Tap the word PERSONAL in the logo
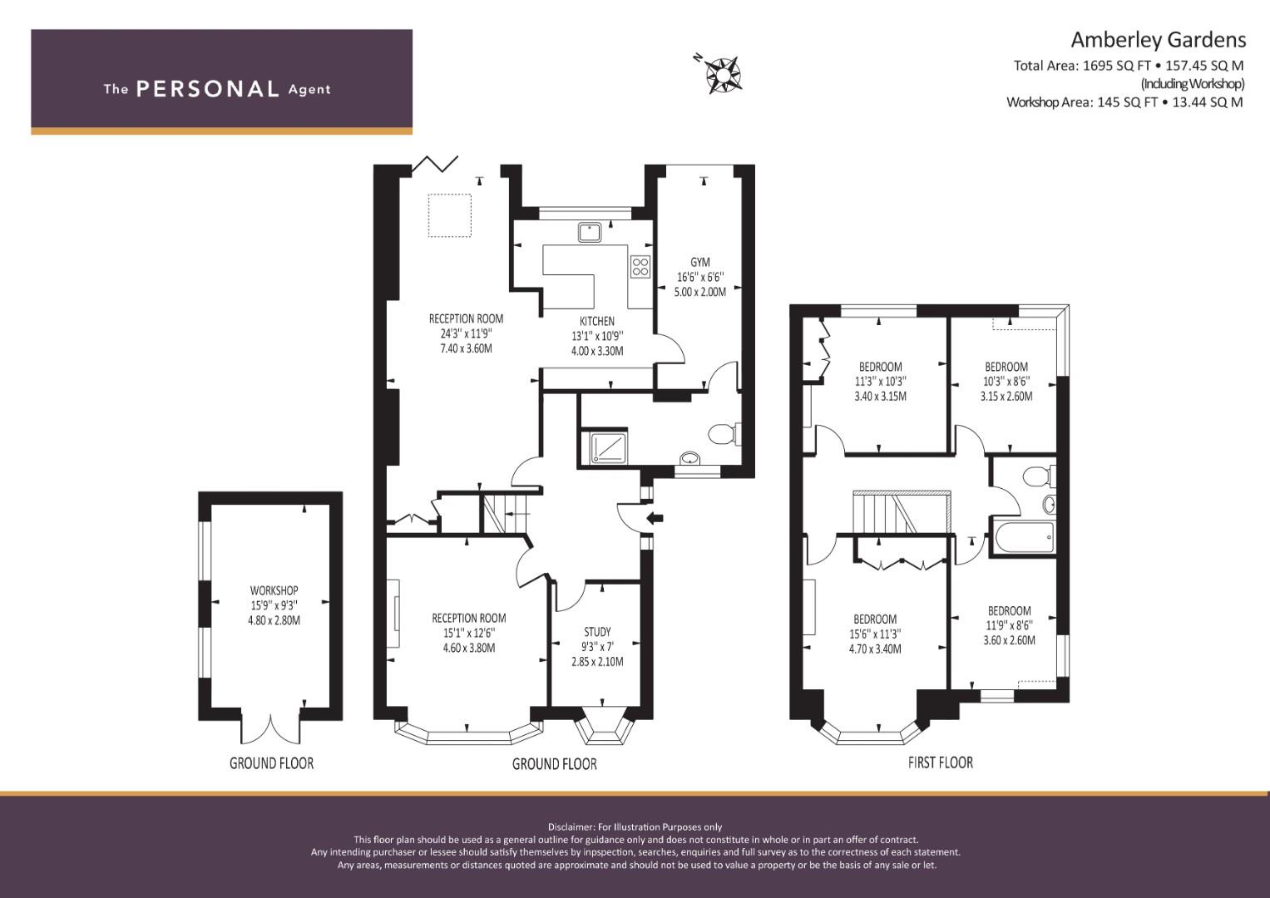coord(208,89)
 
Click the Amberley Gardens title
coord(1158,40)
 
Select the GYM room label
coord(700,262)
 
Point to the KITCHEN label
coord(597,321)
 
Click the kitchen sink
coord(590,233)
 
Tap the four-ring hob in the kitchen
coord(640,266)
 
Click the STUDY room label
coord(598,632)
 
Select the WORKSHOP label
coord(274,590)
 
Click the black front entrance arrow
coord(655,517)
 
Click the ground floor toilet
coord(724,434)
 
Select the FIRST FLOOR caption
coord(941,762)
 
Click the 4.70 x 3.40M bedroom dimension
coord(875,649)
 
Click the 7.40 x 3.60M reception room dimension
coord(466,348)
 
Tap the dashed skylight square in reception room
coord(450,215)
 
